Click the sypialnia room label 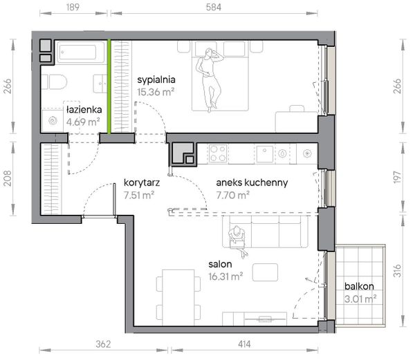[x=156, y=80]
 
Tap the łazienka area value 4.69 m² [x=83, y=122]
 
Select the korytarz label [x=142, y=182]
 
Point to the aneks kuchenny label [x=252, y=182]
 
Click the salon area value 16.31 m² [x=225, y=277]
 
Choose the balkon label [x=359, y=286]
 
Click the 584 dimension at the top [x=214, y=7]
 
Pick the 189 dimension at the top [x=73, y=7]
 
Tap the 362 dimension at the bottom [x=103, y=344]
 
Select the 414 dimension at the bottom [x=244, y=344]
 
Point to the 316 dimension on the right [x=397, y=270]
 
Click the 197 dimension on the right [x=397, y=177]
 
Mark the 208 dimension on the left [x=8, y=178]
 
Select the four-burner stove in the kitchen [x=218, y=153]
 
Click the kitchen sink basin [x=265, y=153]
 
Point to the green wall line [x=109, y=86]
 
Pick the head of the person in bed [x=210, y=53]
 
